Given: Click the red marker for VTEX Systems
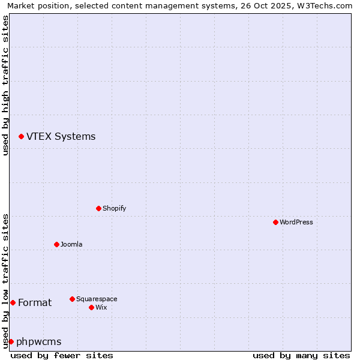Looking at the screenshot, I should click(x=21, y=137).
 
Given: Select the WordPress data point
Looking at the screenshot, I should click(x=275, y=222).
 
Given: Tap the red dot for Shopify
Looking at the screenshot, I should click(x=98, y=208).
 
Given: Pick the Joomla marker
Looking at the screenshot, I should click(x=56, y=244).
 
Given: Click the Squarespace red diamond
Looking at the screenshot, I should click(x=72, y=299).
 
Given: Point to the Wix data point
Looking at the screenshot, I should click(x=91, y=307).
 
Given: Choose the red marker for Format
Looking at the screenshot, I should click(x=13, y=302).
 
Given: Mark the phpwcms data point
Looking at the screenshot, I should click(x=11, y=341).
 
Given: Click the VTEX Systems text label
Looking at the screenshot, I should click(x=61, y=137).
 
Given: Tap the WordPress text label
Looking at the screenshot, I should click(x=296, y=222).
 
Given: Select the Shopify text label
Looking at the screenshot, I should click(x=114, y=208).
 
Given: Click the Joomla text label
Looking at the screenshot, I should click(x=71, y=244).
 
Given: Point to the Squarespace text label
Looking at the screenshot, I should click(x=97, y=299).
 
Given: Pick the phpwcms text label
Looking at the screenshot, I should click(x=39, y=342).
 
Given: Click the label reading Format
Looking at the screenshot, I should click(x=35, y=303).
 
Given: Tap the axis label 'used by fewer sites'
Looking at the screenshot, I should click(x=62, y=355).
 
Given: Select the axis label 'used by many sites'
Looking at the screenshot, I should click(x=301, y=355).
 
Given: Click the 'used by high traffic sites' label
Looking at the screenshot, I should click(x=5, y=85).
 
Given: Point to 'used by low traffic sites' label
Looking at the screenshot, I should click(x=5, y=280).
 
